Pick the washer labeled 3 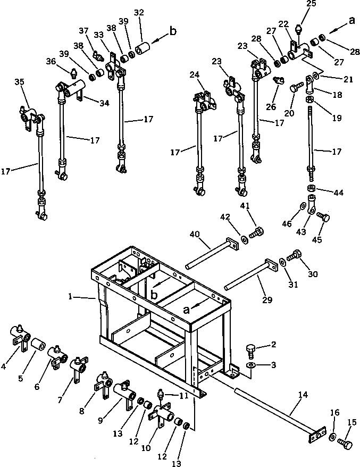[251, 365]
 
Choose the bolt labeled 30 [294, 257]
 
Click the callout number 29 [267, 300]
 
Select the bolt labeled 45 [322, 217]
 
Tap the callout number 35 [19, 81]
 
